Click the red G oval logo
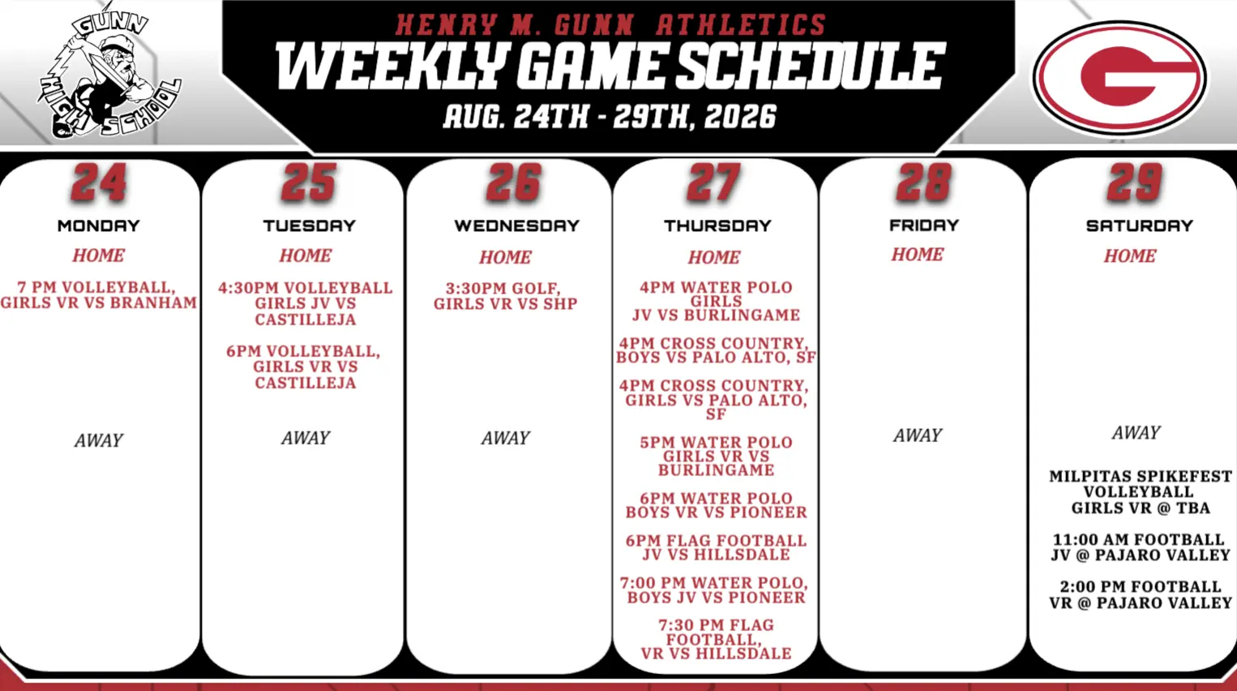[1120, 77]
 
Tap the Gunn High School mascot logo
[109, 72]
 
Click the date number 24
[100, 182]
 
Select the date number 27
[714, 182]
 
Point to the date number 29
[1135, 182]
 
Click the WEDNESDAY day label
[517, 225]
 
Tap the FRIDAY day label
[924, 225]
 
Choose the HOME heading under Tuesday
[306, 255]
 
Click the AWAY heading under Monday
[99, 440]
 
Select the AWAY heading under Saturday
[1136, 432]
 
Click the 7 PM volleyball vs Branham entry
[99, 295]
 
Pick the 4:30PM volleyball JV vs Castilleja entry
[306, 303]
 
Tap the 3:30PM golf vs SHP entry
[505, 296]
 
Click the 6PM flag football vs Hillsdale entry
[716, 547]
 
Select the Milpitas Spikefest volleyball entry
[1141, 491]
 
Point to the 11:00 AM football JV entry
[1141, 547]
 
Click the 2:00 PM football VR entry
[1141, 594]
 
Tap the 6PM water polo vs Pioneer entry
[716, 505]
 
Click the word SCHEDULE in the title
[810, 67]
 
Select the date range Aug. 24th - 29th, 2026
[610, 117]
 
